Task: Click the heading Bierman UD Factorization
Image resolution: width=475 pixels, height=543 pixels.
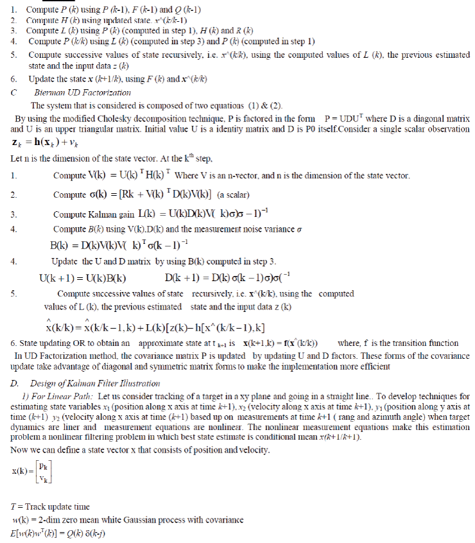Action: tap(81, 92)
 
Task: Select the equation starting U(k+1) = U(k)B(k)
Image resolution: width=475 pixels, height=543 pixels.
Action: tap(82, 278)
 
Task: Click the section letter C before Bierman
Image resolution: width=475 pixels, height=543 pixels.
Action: tap(13, 92)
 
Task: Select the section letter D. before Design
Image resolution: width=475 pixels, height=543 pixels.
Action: tap(14, 383)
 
